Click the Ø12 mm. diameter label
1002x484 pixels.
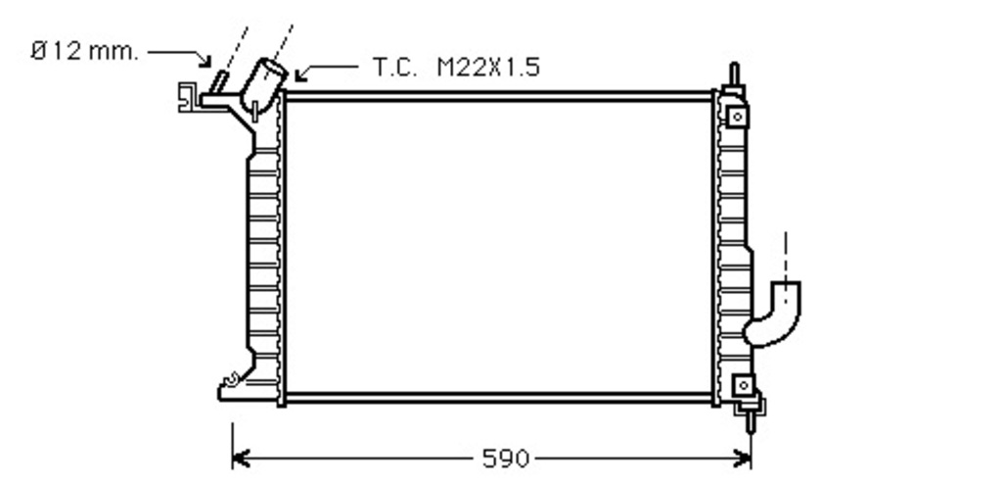click(x=84, y=51)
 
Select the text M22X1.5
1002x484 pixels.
click(x=488, y=67)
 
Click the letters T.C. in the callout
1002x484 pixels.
click(x=394, y=67)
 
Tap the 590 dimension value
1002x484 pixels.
click(x=505, y=459)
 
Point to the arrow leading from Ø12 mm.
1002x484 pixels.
click(x=182, y=55)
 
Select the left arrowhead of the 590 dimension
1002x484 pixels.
click(x=240, y=459)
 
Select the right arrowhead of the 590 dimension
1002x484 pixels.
click(x=743, y=459)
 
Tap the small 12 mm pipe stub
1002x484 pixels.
click(x=218, y=83)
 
